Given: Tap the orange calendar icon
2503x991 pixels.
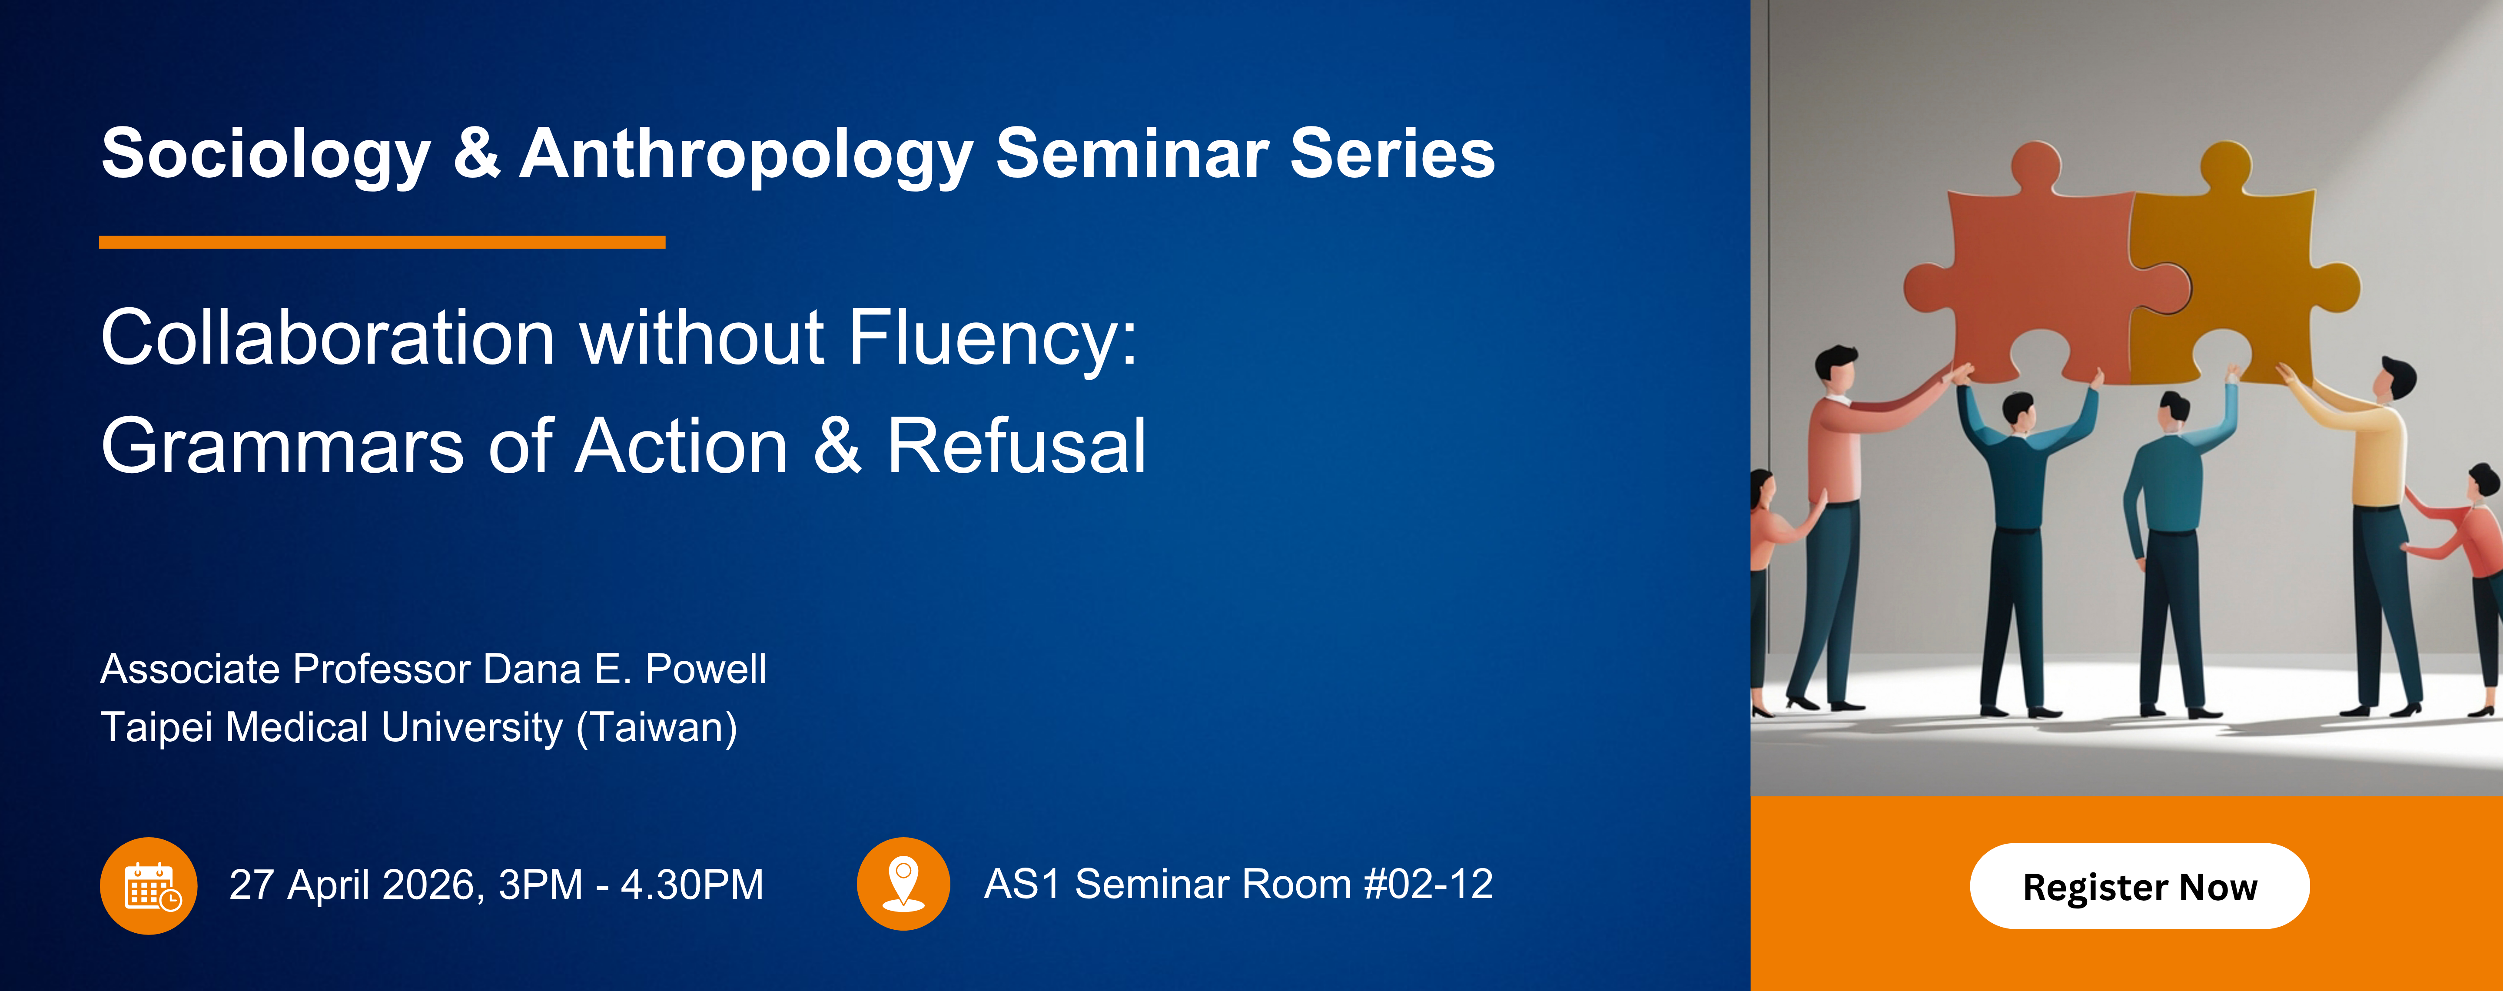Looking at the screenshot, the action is click(149, 885).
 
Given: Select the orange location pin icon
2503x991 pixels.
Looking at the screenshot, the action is click(903, 883).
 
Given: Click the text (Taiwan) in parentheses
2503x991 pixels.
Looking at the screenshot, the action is click(657, 728).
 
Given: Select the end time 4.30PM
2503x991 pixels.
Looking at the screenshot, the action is click(692, 885).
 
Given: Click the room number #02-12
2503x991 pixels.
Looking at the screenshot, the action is click(1427, 884).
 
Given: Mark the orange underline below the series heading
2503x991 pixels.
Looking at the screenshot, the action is click(382, 242).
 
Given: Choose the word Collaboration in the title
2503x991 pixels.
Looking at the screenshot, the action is click(328, 338).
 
